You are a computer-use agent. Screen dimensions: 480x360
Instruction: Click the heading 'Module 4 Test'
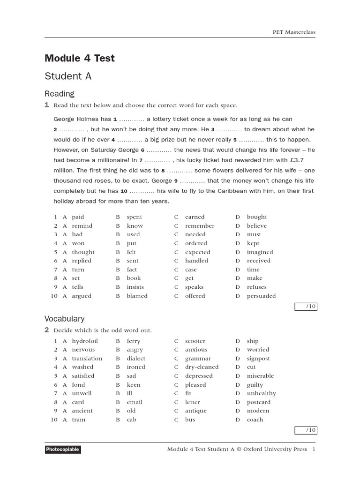tap(79, 59)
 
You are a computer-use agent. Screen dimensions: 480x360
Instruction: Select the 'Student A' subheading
tap(67, 76)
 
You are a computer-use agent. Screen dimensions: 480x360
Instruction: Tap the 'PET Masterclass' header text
tap(294, 32)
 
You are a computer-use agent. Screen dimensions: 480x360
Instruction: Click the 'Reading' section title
tap(59, 94)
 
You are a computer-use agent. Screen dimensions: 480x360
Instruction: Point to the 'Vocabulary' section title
tap(64, 319)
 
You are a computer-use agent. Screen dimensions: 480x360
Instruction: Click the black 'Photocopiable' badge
tap(63, 450)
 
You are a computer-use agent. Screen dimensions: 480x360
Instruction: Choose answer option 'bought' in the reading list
tap(257, 217)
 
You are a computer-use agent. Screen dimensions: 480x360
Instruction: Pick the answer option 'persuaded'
tap(261, 296)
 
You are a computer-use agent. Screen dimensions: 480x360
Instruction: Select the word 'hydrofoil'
tap(85, 341)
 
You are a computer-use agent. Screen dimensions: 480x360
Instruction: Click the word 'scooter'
tap(195, 341)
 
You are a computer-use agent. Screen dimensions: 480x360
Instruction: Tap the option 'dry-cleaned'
tap(202, 367)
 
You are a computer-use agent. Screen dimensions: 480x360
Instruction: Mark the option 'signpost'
tap(258, 359)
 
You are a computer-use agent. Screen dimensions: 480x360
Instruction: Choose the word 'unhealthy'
tap(261, 393)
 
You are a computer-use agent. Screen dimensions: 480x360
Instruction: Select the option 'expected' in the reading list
tap(197, 252)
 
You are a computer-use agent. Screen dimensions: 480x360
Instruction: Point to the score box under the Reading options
tap(306, 307)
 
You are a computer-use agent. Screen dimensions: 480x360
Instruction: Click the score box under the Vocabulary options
tap(306, 430)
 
